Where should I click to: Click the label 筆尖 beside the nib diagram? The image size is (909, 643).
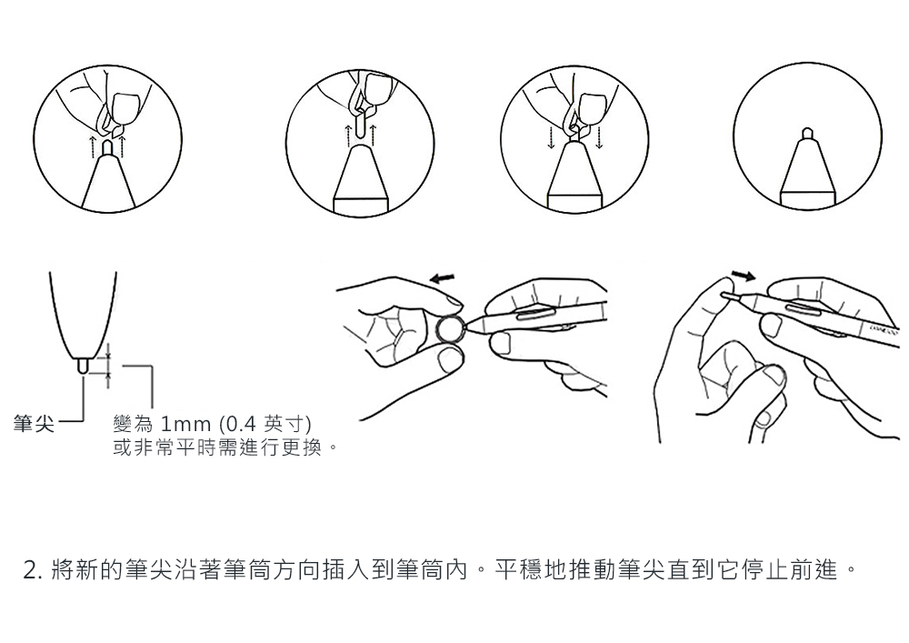tap(34, 425)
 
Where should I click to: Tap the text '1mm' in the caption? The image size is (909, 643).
tap(185, 425)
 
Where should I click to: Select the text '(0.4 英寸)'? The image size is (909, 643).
tap(265, 425)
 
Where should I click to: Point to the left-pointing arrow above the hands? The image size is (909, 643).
tap(443, 279)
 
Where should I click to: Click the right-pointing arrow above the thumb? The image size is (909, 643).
tap(744, 275)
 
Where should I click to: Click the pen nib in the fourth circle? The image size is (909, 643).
tap(807, 134)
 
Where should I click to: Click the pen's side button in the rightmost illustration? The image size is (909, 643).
tap(805, 309)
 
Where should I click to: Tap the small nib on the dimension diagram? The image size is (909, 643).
tap(83, 366)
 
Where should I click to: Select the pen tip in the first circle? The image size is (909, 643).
tap(107, 146)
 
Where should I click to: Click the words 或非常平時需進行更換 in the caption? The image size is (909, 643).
tap(218, 447)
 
